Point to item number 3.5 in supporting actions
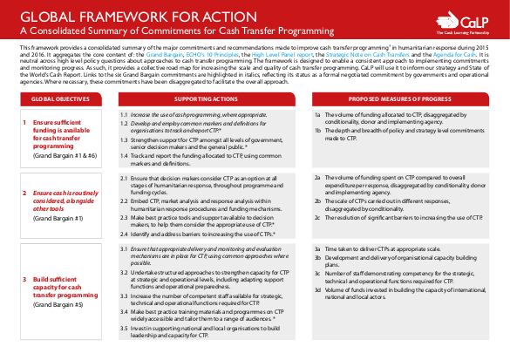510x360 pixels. pyautogui.click(x=124, y=328)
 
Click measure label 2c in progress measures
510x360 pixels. pyautogui.click(x=317, y=215)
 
